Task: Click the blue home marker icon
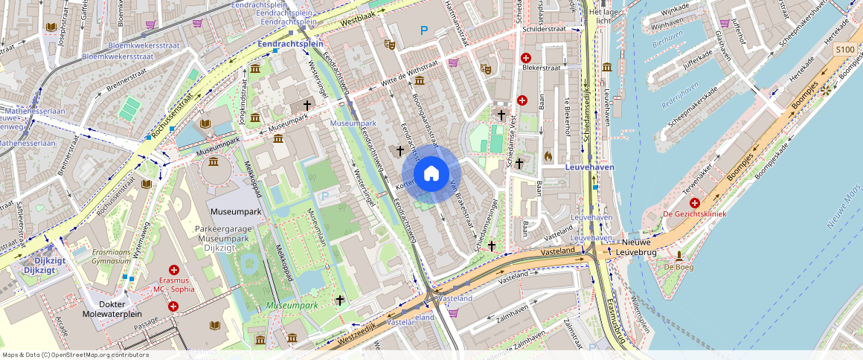[x=431, y=174]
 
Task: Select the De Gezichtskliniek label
[x=694, y=214]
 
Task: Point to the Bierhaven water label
[x=667, y=45]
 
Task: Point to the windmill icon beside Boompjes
[x=824, y=90]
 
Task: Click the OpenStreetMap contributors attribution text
[x=75, y=355]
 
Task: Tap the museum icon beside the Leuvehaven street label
[x=607, y=67]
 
